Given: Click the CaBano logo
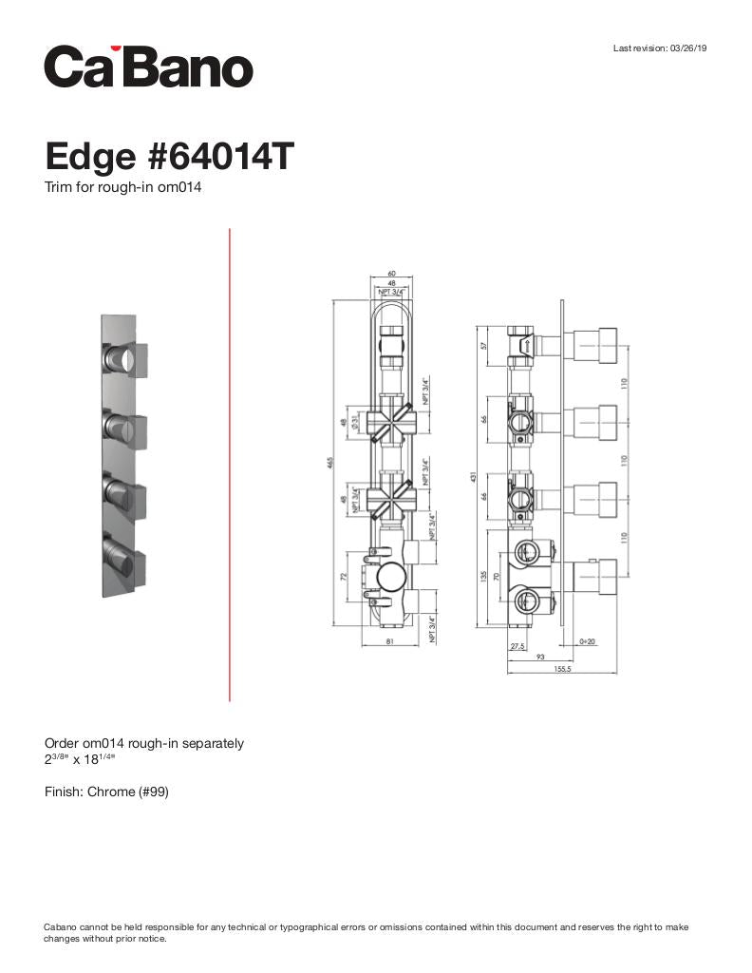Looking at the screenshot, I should click(x=149, y=67).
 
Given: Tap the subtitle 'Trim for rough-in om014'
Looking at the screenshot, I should click(x=122, y=187).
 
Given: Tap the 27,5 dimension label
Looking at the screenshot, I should click(x=518, y=645).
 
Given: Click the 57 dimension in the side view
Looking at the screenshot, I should click(x=484, y=346).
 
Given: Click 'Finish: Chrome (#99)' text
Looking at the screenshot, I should click(x=106, y=792).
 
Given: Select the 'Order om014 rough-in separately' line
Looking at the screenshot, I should click(x=143, y=743).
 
